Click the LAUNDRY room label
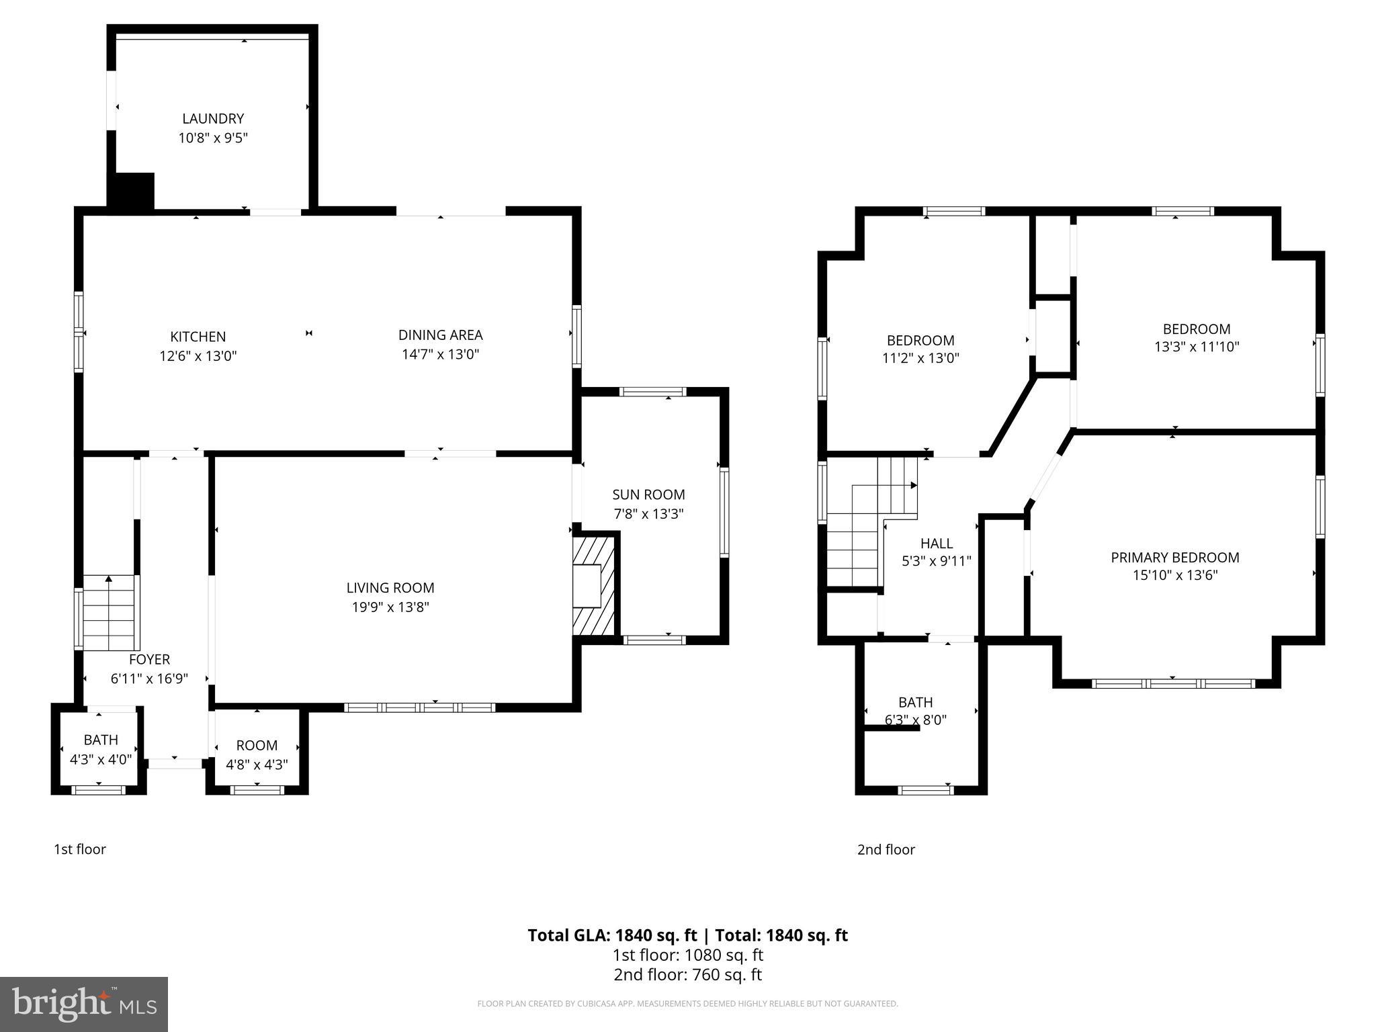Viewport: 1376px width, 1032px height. coord(213,119)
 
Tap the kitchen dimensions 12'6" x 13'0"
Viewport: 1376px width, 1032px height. coord(198,356)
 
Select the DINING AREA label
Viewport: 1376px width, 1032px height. coord(440,335)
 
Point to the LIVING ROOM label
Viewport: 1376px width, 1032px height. coord(390,588)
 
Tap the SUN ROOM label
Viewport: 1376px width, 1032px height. coord(648,494)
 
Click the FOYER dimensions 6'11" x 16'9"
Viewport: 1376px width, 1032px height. coord(149,679)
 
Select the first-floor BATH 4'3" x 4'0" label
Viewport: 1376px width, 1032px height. coord(101,749)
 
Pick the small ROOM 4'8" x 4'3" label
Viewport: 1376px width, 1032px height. coord(257,755)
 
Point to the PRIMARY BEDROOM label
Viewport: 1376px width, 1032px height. coord(1174,558)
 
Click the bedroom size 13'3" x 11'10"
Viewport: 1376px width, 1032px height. coord(1197,347)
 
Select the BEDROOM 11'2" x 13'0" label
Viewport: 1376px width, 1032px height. coord(920,349)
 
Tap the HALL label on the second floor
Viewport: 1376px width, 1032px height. coord(936,544)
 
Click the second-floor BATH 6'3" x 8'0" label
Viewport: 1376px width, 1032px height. coord(915,711)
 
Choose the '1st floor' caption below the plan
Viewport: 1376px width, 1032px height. coord(80,849)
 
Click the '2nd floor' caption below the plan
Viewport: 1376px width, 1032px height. coord(886,849)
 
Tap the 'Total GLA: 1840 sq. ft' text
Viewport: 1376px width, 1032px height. coord(613,935)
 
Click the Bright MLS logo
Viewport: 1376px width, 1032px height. coord(83,1004)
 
